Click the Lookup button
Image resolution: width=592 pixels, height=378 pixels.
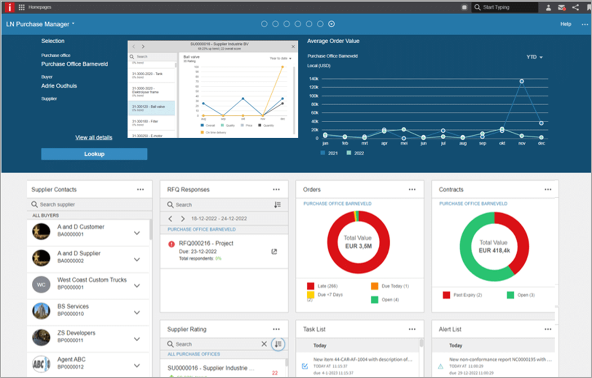pos(94,154)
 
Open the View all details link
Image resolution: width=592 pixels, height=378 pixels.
pos(94,137)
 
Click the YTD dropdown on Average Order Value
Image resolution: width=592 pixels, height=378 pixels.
pos(534,57)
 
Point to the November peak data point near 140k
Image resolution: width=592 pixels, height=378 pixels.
pos(521,81)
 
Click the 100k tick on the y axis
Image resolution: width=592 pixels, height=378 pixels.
pos(313,96)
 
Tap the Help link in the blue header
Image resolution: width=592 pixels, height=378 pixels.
pos(565,24)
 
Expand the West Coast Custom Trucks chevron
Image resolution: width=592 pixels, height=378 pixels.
pos(137,286)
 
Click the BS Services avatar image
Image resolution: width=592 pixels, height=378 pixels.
pos(41,311)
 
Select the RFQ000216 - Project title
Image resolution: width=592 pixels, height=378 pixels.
pos(206,243)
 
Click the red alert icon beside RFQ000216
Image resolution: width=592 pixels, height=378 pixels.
pos(172,244)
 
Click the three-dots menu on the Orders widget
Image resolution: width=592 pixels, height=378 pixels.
pos(412,189)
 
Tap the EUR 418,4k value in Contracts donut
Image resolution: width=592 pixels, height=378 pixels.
pos(494,251)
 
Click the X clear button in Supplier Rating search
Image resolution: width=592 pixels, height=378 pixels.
pos(264,344)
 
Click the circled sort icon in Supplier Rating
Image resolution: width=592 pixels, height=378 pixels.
pos(278,344)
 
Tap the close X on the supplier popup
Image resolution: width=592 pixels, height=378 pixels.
pos(293,47)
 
